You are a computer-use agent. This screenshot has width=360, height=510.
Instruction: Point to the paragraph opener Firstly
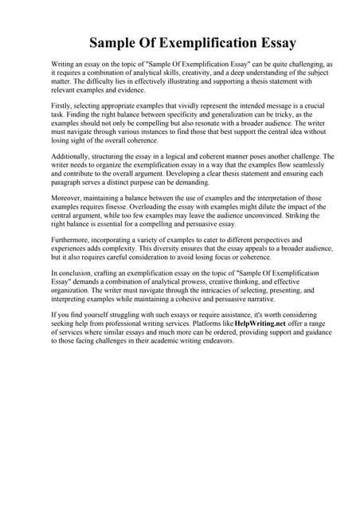[61, 106]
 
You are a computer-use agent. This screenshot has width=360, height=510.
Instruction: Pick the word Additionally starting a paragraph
[72, 157]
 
